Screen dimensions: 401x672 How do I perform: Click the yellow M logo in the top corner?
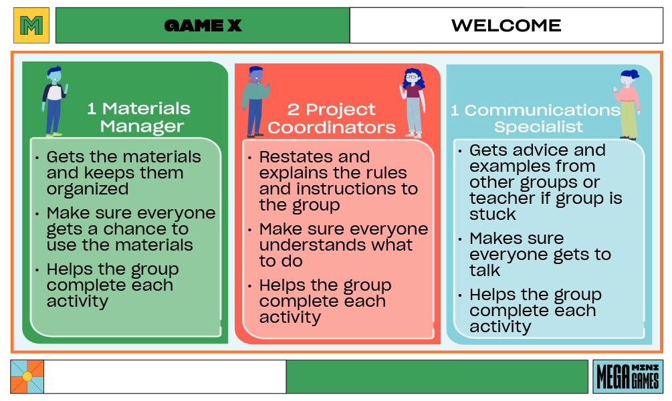pyautogui.click(x=31, y=26)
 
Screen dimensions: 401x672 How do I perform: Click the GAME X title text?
pyautogui.click(x=203, y=26)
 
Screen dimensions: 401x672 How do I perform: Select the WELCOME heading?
pyautogui.click(x=506, y=26)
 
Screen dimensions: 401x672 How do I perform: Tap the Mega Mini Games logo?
pyautogui.click(x=627, y=376)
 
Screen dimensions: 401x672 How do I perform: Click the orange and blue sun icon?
pyautogui.click(x=27, y=376)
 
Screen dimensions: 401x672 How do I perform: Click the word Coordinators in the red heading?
pyautogui.click(x=332, y=127)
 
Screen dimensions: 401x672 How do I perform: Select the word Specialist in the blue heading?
pyautogui.click(x=538, y=126)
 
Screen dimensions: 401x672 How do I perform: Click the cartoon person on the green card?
pyautogui.click(x=54, y=100)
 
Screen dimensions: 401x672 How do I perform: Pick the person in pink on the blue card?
pyautogui.click(x=628, y=104)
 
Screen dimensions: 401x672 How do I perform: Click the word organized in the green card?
pyautogui.click(x=88, y=189)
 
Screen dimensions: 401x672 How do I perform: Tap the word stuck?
pyautogui.click(x=493, y=215)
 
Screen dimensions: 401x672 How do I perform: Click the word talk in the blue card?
pyautogui.click(x=485, y=271)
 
